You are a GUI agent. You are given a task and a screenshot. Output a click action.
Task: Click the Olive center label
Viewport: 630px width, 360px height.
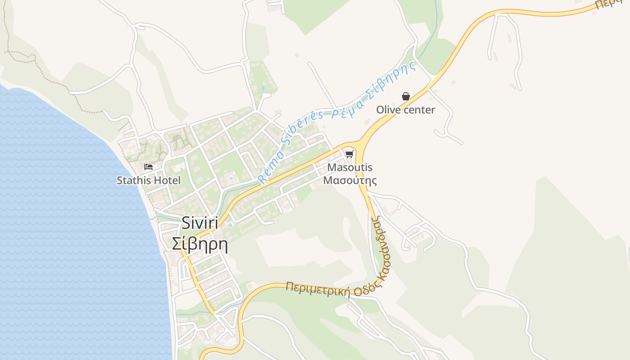[x=405, y=110]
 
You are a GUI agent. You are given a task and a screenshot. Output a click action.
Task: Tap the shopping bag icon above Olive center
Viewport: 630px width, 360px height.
[x=405, y=96]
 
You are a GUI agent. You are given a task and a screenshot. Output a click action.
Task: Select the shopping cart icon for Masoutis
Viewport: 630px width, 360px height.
[x=349, y=154]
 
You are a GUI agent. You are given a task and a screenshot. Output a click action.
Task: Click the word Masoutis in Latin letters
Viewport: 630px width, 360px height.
[x=350, y=167]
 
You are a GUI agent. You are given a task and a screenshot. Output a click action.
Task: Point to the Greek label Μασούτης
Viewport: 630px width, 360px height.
[x=350, y=180]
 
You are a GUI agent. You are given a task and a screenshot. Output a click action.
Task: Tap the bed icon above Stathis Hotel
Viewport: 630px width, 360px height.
[x=148, y=167]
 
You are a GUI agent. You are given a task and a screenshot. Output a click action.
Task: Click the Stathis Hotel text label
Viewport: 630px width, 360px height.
[x=148, y=180]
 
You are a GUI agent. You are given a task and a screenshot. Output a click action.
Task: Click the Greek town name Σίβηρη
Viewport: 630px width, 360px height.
[x=200, y=244]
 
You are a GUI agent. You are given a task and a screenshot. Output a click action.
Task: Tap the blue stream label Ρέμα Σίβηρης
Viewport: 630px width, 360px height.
[x=373, y=92]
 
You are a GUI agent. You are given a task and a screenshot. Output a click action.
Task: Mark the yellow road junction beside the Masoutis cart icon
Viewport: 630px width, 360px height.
[x=360, y=145]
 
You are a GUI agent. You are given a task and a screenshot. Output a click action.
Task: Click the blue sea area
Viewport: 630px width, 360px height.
[x=67, y=225]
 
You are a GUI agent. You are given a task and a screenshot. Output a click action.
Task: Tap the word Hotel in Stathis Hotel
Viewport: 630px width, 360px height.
[x=167, y=180]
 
